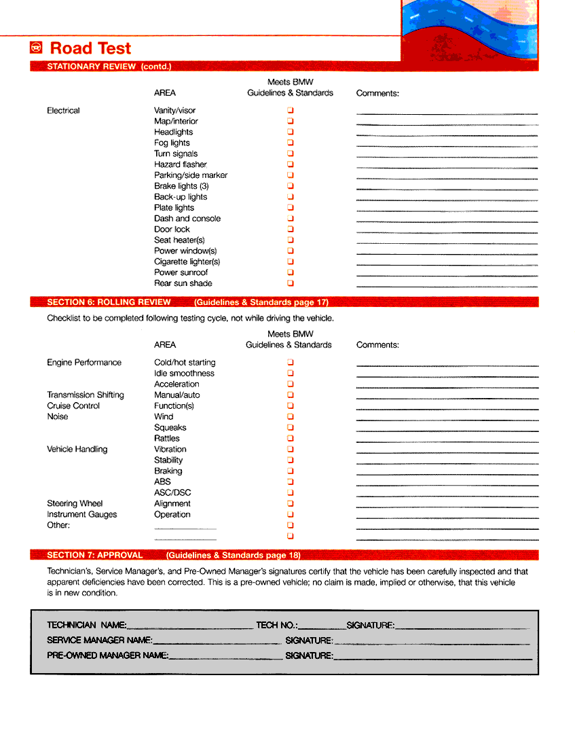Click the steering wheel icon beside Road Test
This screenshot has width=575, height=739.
(x=37, y=48)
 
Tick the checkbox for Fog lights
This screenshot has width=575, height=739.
(x=291, y=143)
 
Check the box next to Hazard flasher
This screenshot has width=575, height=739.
(x=291, y=164)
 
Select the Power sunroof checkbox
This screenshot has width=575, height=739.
(x=291, y=272)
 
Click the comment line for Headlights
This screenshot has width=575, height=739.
(x=447, y=135)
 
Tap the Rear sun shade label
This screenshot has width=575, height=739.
(x=183, y=283)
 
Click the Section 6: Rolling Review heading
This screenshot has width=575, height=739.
(x=109, y=302)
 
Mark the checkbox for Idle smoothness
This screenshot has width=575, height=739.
(x=291, y=373)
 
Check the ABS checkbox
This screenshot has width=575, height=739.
(x=291, y=482)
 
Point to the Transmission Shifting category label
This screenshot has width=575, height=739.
(x=86, y=395)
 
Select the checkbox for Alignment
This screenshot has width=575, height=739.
(x=291, y=503)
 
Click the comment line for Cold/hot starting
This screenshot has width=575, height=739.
(x=447, y=366)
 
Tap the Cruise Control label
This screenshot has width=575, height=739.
(x=73, y=405)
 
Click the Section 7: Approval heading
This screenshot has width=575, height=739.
(x=94, y=555)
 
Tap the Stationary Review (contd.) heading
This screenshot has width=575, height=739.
(x=109, y=67)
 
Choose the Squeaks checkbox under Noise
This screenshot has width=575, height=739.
(x=291, y=427)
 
